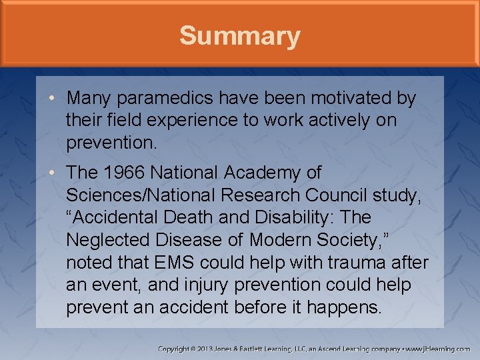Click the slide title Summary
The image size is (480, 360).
pos(240,35)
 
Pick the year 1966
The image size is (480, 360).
pos(124,173)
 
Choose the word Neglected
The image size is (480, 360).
pos(114,240)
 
